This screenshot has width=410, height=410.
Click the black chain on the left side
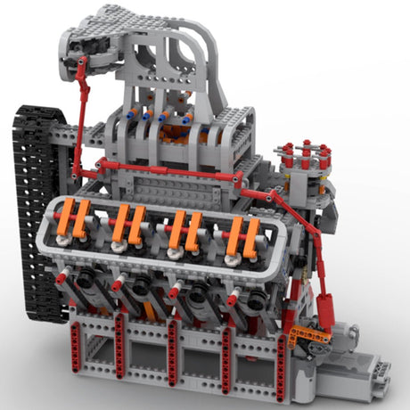tap(34, 205)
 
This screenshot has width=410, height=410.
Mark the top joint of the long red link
tap(81, 62)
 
